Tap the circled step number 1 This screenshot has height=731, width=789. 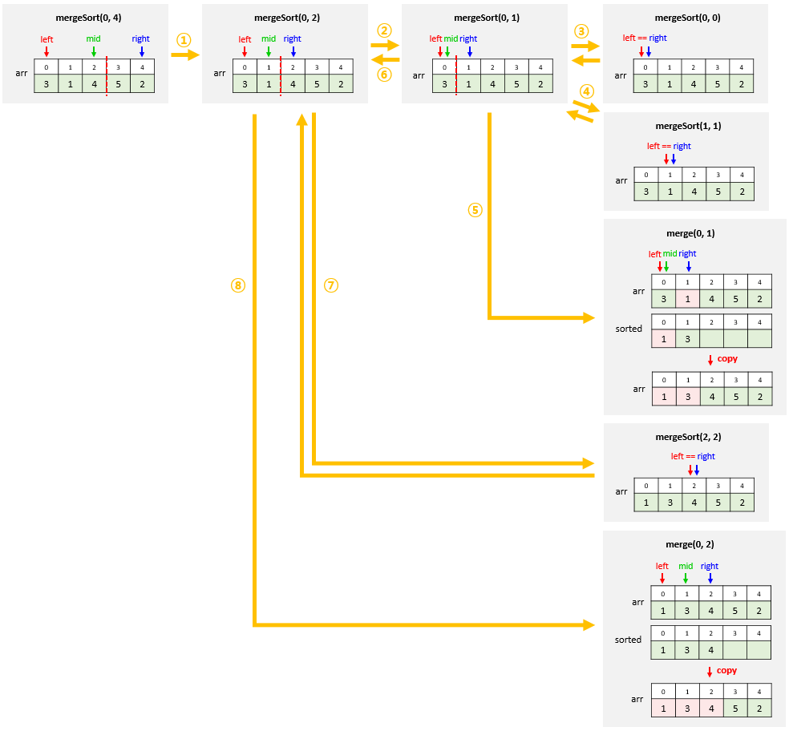(184, 39)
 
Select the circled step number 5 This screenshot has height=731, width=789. (475, 210)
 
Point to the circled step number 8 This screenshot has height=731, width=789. (237, 285)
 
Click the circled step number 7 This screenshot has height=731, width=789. (331, 285)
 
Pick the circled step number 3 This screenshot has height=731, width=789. (582, 30)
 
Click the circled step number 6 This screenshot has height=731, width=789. (385, 75)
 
